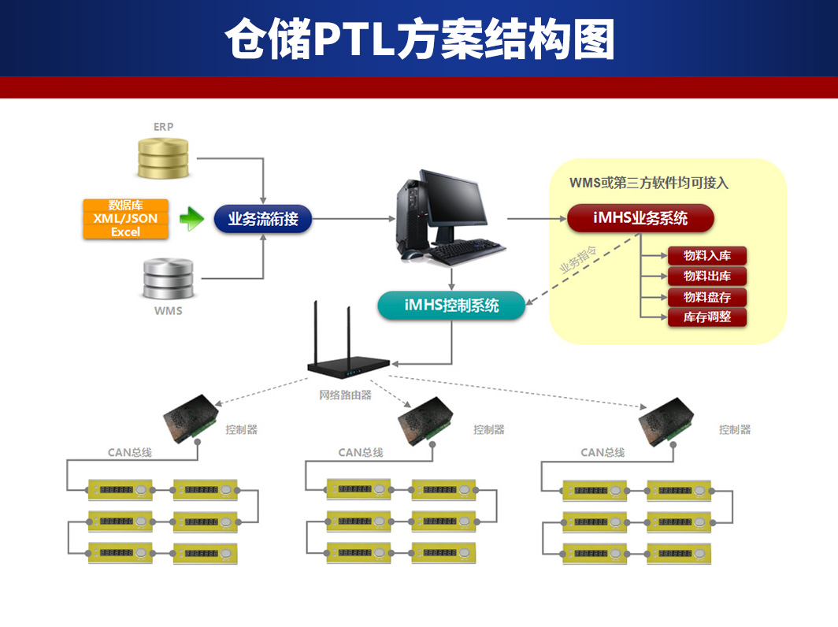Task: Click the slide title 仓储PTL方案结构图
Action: coord(419,40)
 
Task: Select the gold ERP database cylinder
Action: coord(164,158)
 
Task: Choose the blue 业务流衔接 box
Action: coord(263,219)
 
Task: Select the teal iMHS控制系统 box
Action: coord(451,305)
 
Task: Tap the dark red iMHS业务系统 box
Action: coord(640,218)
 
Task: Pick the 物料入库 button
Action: coord(706,255)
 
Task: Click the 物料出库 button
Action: coord(706,276)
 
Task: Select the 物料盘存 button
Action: coord(706,298)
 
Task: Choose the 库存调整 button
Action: coord(706,318)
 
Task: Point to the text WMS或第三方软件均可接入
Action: coord(649,183)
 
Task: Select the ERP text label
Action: coord(163,126)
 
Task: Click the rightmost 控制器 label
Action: coord(734,429)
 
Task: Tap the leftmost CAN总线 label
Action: coord(130,453)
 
